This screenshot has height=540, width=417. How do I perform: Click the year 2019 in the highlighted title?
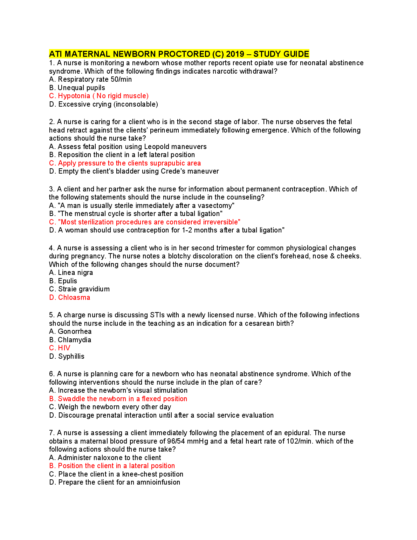[235, 54]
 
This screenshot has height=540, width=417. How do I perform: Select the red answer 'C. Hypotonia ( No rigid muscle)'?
[99, 96]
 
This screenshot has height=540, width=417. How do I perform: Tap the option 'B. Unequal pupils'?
[77, 88]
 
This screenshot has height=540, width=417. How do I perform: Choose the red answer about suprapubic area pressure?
[125, 163]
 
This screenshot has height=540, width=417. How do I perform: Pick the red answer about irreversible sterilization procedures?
[145, 222]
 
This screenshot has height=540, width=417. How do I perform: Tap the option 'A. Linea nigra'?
[71, 272]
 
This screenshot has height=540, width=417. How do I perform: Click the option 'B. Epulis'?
[63, 281]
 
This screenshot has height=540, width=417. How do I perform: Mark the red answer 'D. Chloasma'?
[70, 297]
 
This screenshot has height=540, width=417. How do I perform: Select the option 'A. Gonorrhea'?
[70, 331]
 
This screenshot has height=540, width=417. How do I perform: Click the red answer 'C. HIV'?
[60, 348]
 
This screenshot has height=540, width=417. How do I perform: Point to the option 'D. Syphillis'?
[67, 356]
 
